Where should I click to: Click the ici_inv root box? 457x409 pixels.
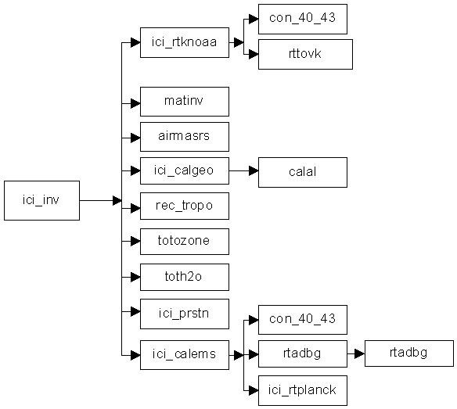41,200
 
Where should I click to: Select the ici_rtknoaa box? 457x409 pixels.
185,42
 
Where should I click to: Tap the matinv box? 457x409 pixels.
185,102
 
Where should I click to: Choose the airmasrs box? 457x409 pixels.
185,137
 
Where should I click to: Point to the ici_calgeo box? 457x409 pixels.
185,171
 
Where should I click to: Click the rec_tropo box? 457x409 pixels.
185,206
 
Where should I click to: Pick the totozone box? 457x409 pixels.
185,242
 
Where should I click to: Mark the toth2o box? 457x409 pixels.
185,277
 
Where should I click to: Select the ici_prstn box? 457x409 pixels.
185,314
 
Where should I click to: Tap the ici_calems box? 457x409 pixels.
185,355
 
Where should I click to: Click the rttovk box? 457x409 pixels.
305,55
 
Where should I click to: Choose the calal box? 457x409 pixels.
303,173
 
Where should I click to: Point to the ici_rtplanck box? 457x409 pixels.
303,391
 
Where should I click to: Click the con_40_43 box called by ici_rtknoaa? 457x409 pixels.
303,19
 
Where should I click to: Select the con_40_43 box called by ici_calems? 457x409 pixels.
303,320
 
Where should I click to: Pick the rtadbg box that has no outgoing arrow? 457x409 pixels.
409,353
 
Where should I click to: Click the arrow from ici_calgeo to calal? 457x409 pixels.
243,171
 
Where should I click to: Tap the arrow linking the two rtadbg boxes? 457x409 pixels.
356,354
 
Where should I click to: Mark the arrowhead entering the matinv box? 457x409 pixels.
135,103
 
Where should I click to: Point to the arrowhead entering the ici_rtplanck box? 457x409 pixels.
254,390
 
